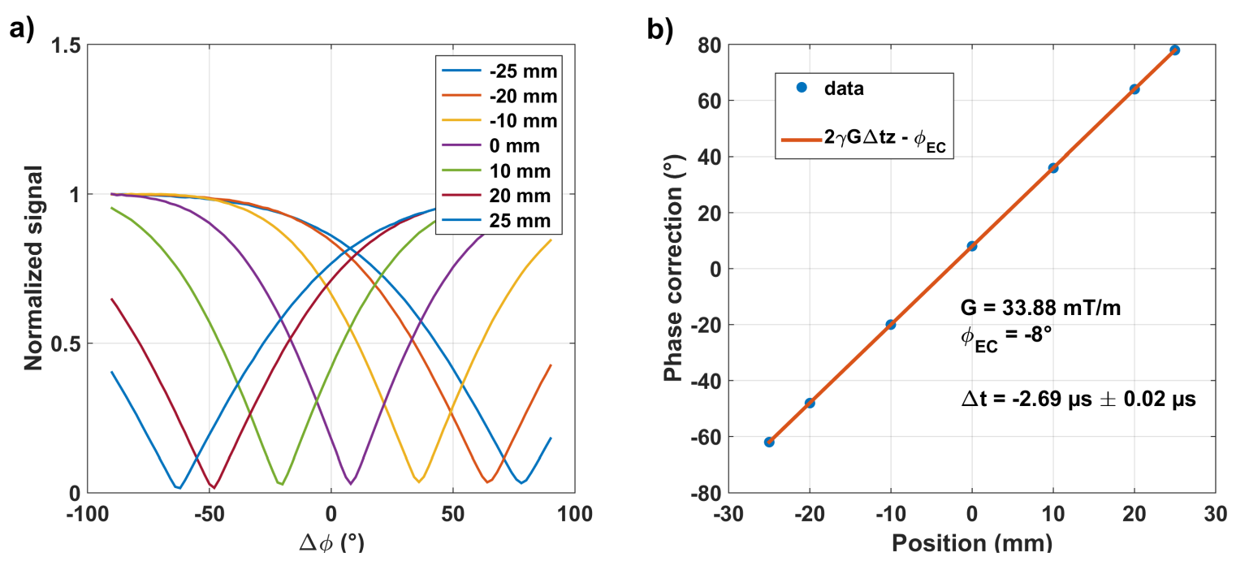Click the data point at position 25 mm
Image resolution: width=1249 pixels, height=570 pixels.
[1174, 50]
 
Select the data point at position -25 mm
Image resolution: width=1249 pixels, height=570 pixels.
[769, 442]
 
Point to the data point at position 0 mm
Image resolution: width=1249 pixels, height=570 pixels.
[972, 246]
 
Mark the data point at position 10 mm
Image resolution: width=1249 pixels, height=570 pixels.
[1053, 168]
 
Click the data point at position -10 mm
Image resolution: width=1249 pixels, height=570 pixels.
[891, 324]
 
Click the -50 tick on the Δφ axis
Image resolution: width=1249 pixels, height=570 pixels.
[209, 514]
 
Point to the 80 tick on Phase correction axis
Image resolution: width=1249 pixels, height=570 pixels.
[707, 45]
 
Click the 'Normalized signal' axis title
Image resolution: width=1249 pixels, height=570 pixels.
[33, 269]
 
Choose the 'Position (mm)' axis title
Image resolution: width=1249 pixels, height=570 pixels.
[972, 542]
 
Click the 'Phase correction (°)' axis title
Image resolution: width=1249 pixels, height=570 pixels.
[673, 269]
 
